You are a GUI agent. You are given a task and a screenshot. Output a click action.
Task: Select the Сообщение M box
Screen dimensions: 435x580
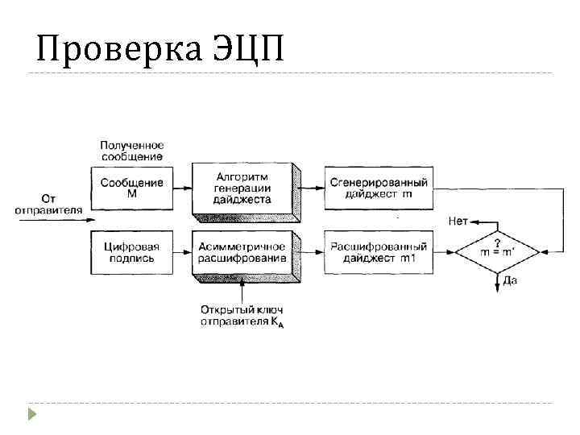point(131,188)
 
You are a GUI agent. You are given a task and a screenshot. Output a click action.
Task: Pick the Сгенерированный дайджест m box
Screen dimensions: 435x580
point(378,188)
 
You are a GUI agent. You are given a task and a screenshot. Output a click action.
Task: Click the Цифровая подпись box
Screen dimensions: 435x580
point(131,252)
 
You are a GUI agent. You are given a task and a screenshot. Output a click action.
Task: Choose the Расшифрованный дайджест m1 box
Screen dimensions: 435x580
point(378,252)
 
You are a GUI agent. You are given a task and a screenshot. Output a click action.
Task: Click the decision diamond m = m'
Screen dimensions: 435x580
point(497,252)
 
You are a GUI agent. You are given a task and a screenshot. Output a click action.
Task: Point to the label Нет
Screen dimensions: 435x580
point(458,221)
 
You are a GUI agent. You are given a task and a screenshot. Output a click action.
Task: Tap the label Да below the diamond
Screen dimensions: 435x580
point(510,281)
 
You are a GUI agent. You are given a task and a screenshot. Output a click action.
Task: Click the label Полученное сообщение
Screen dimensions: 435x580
point(131,150)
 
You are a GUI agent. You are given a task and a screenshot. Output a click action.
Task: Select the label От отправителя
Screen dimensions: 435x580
point(48,203)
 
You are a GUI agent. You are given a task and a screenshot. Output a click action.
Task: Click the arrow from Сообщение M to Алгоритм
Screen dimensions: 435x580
point(181,188)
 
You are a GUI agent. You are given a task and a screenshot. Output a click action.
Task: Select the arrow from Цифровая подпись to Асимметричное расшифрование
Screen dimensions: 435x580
point(181,252)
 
